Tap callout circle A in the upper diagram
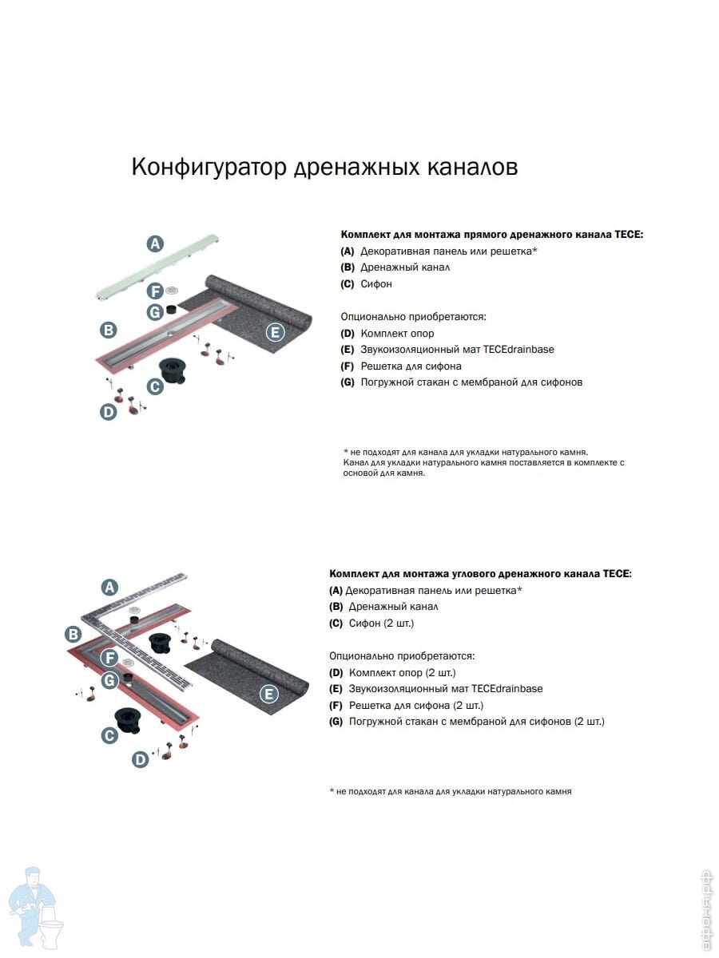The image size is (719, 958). (155, 243)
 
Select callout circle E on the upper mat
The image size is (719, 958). (275, 332)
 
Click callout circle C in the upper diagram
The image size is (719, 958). (155, 386)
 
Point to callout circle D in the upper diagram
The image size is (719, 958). (108, 412)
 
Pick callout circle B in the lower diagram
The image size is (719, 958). (73, 635)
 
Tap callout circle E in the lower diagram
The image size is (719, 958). (268, 694)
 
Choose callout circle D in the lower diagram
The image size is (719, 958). (141, 760)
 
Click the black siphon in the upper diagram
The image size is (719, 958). (172, 370)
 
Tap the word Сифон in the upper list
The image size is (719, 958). (376, 284)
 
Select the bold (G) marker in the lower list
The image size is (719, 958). (336, 722)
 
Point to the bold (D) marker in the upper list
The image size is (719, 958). (348, 334)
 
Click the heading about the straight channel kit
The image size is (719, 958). (491, 235)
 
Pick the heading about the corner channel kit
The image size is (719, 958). (480, 574)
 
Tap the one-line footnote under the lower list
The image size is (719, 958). (451, 791)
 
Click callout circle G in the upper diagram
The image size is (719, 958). (155, 311)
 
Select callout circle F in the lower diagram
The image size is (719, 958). (109, 658)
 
